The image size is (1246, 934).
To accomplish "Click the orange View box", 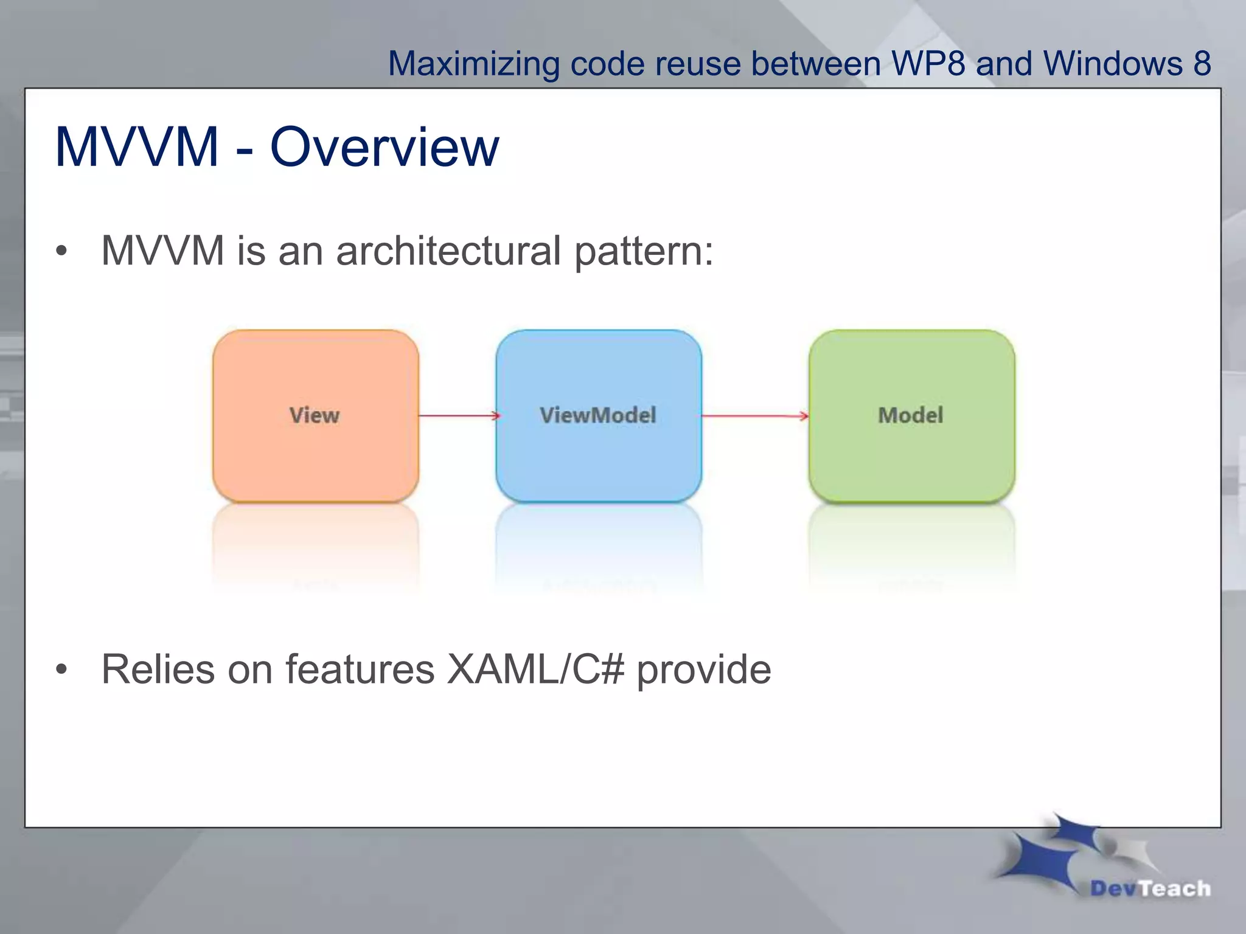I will pyautogui.click(x=315, y=416).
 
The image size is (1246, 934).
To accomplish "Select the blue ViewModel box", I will pyautogui.click(x=598, y=416).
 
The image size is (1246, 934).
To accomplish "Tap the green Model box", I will pyautogui.click(x=911, y=416).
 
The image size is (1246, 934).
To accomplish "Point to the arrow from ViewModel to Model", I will pyautogui.click(x=754, y=416).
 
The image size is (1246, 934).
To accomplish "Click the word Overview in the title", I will pyautogui.click(x=385, y=148).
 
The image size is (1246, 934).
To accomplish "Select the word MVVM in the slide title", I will pyautogui.click(x=136, y=148).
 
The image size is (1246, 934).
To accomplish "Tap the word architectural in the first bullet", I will pyautogui.click(x=448, y=251).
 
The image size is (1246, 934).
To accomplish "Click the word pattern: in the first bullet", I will pyautogui.click(x=644, y=251).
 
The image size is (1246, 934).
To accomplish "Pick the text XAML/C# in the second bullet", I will pyautogui.click(x=535, y=669).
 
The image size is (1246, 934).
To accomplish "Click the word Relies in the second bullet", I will pyautogui.click(x=158, y=669).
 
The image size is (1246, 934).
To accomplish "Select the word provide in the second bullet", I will pyautogui.click(x=704, y=669).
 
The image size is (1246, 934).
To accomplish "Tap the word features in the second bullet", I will pyautogui.click(x=360, y=669).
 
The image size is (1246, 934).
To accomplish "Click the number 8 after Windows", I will pyautogui.click(x=1202, y=64).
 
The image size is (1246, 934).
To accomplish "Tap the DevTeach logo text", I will pyautogui.click(x=1150, y=888).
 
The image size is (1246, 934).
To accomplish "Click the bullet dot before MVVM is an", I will pyautogui.click(x=61, y=251).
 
